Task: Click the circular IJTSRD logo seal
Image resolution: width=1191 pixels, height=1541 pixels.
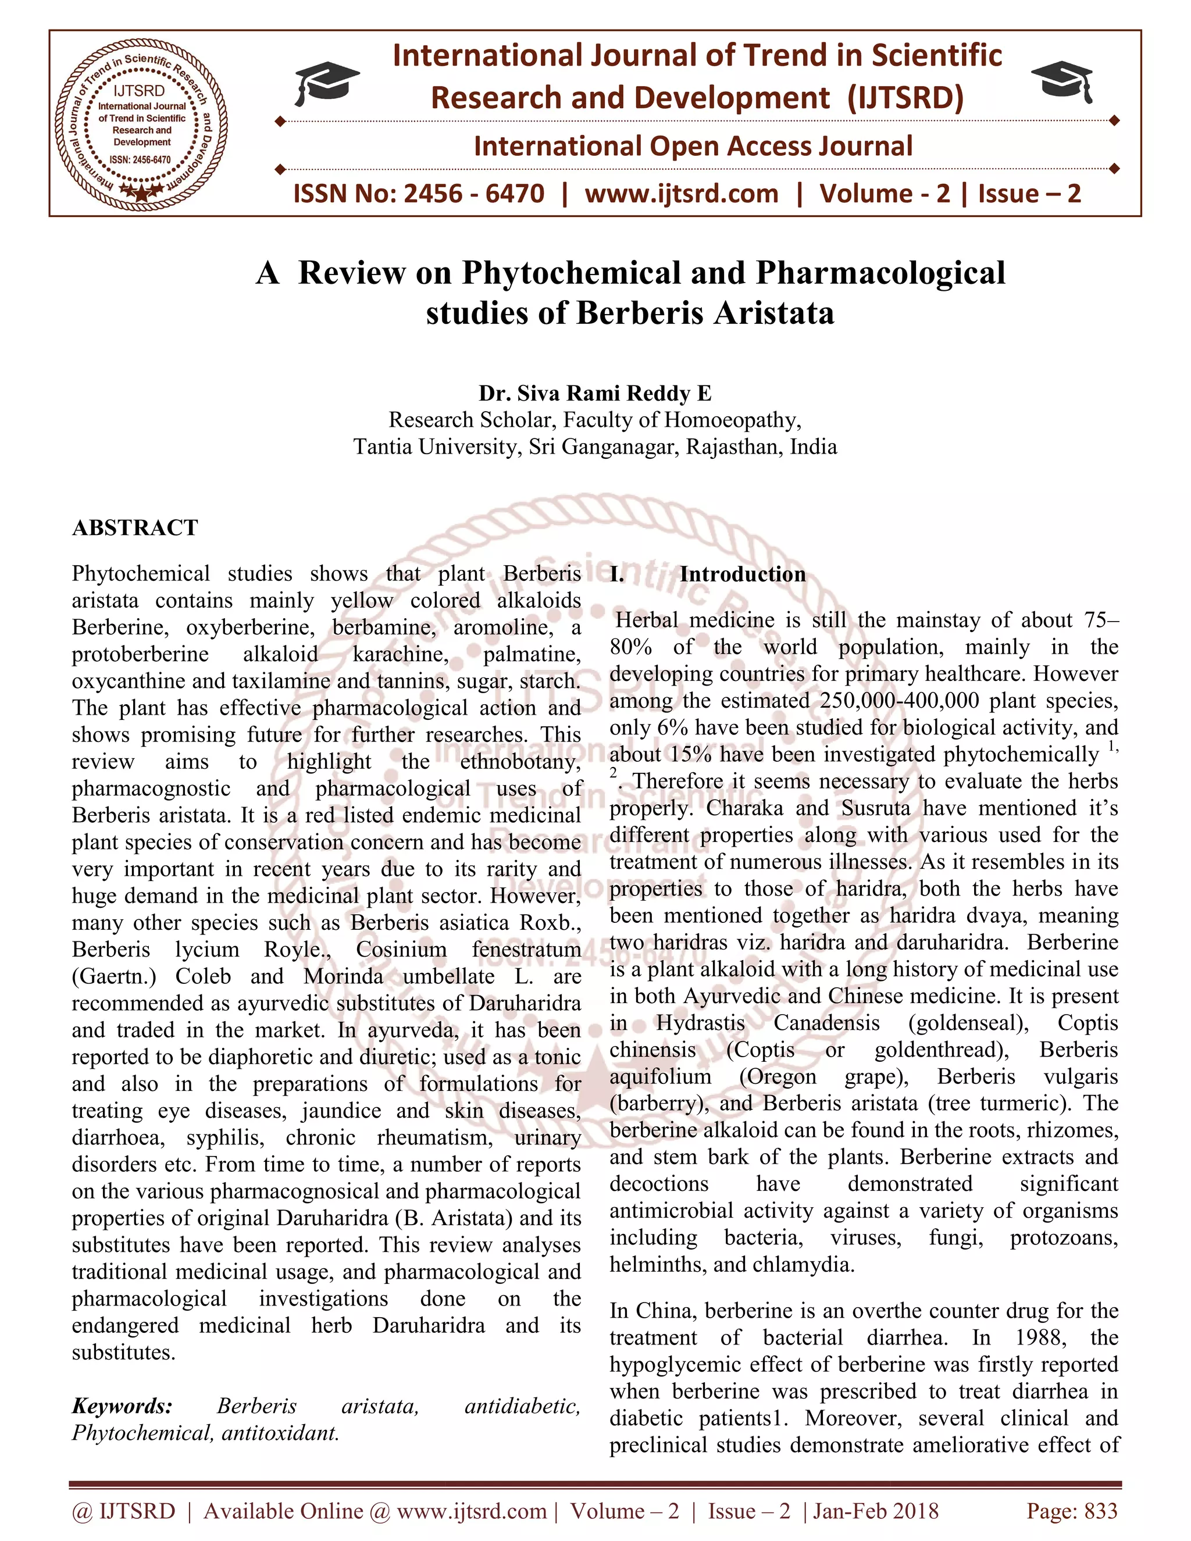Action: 142,122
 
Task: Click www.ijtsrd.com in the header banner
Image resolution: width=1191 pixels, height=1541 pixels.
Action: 681,193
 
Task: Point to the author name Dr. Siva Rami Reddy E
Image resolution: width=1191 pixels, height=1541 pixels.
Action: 595,393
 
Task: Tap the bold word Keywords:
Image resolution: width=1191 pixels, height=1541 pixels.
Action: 122,1406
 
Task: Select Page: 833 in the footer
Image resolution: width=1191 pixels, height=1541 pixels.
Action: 1072,1511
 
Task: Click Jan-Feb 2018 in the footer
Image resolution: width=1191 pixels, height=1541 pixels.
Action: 876,1511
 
